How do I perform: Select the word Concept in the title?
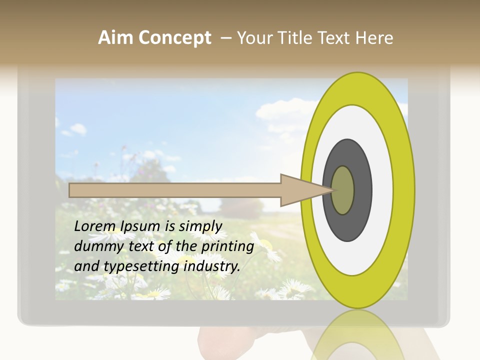(174, 38)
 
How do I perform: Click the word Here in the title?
(373, 38)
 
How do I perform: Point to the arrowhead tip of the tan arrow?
(332, 190)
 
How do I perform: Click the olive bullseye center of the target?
(343, 190)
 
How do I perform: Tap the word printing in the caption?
(227, 246)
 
